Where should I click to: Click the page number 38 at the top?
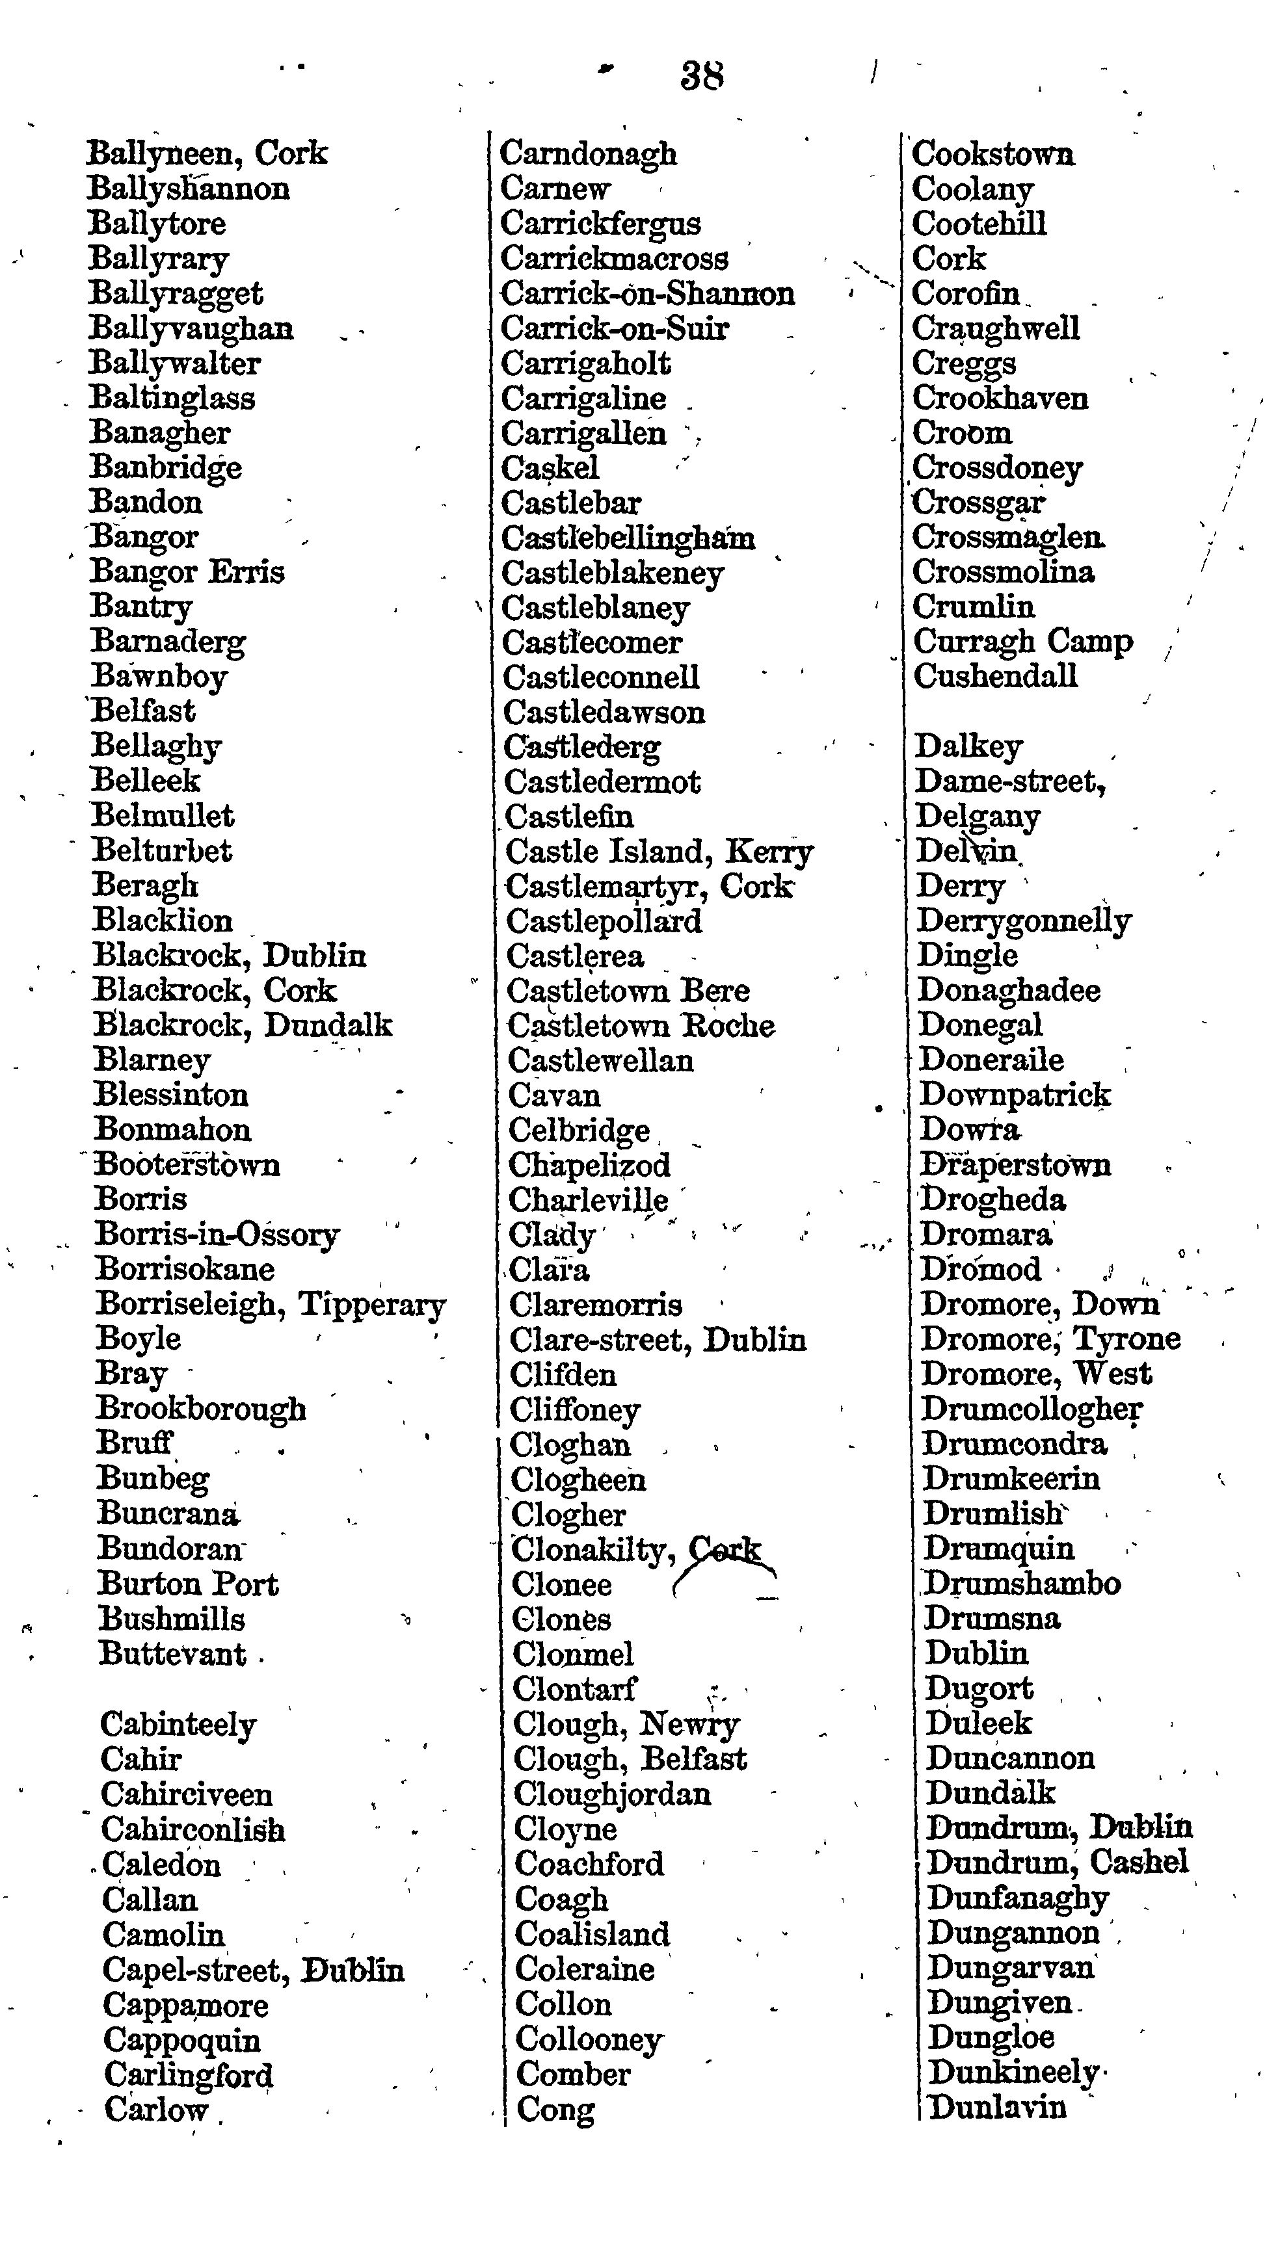pyautogui.click(x=702, y=76)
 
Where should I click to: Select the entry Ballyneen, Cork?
pyautogui.click(x=207, y=153)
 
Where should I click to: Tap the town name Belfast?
pyautogui.click(x=144, y=711)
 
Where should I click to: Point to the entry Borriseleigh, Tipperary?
pyautogui.click(x=271, y=1305)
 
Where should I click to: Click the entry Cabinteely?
pyautogui.click(x=178, y=1725)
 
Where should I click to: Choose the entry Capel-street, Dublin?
pyautogui.click(x=254, y=1970)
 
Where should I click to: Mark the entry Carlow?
pyautogui.click(x=156, y=2110)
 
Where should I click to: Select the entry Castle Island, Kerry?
pyautogui.click(x=659, y=852)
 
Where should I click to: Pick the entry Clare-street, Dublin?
pyautogui.click(x=658, y=1340)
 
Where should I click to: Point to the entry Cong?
pyautogui.click(x=555, y=2110)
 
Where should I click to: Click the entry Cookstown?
pyautogui.click(x=993, y=155)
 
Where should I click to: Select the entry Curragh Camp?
pyautogui.click(x=1023, y=642)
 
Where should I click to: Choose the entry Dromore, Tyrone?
pyautogui.click(x=1051, y=1339)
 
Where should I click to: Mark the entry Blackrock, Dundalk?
pyautogui.click(x=243, y=1025)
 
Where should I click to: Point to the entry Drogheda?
pyautogui.click(x=993, y=1200)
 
